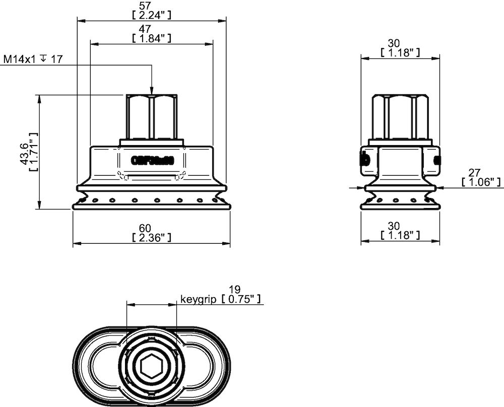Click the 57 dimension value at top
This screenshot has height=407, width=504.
[x=151, y=6]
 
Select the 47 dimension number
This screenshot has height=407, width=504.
[x=151, y=29]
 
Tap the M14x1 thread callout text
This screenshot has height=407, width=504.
[x=20, y=59]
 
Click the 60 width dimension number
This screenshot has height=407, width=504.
[x=151, y=228]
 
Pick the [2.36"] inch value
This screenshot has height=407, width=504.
[x=151, y=237]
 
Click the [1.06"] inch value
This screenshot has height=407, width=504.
[x=481, y=181]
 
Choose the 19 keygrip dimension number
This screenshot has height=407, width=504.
[x=234, y=291]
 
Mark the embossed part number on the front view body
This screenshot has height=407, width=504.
[x=152, y=161]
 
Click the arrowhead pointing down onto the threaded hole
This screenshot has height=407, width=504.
[x=151, y=90]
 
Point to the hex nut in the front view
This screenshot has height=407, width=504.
[x=151, y=117]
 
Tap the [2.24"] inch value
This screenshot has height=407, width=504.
[x=151, y=15]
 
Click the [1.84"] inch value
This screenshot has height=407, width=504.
[x=151, y=38]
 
